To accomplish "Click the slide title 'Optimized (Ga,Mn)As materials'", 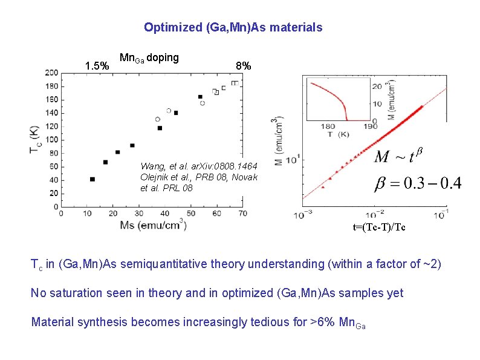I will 233,27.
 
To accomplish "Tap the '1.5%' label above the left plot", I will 97,65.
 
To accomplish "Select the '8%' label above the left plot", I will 244,65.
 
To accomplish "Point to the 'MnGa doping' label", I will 149,58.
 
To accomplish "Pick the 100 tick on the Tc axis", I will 51,140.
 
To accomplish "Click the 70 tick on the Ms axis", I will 242,214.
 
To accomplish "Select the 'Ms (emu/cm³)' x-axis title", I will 153,226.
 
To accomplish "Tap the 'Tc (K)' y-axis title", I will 34,140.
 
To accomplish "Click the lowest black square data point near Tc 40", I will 92,179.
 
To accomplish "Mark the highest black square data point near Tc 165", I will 200,97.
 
